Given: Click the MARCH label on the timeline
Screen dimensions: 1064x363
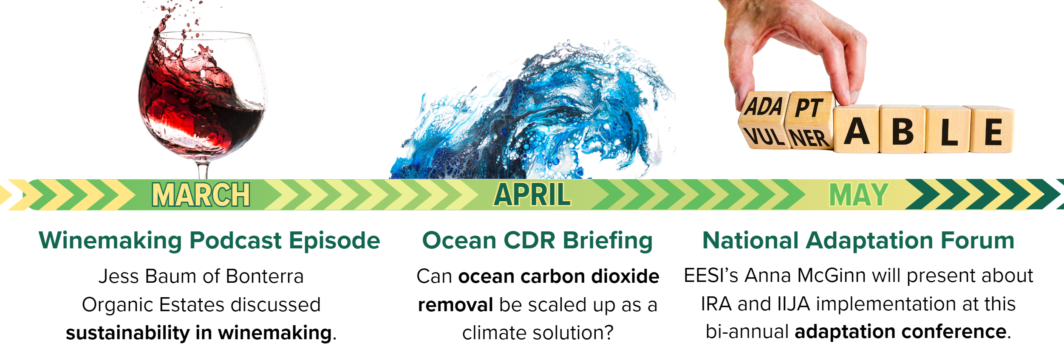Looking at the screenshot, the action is tap(201, 195).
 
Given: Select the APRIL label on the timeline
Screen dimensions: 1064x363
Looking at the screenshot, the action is tap(532, 195).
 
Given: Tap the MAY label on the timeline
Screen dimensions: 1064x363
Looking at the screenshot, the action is tap(859, 195).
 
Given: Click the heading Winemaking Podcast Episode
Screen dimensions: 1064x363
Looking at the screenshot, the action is tap(209, 241).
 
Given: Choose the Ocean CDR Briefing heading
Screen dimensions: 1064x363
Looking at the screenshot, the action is tap(538, 241).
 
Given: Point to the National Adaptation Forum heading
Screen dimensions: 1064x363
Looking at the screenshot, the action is tap(858, 240).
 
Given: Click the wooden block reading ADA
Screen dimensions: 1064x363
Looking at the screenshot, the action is tap(763, 106).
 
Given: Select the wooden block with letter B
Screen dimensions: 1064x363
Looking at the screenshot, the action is tap(903, 129).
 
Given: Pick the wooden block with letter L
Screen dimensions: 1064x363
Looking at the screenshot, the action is tap(948, 129).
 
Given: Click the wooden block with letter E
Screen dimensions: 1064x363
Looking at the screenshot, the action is tap(993, 129).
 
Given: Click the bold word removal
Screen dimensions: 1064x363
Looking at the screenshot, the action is tap(456, 305).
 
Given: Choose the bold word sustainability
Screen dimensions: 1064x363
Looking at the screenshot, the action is tap(127, 333).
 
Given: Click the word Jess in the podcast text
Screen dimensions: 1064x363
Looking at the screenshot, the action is tap(118, 276).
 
